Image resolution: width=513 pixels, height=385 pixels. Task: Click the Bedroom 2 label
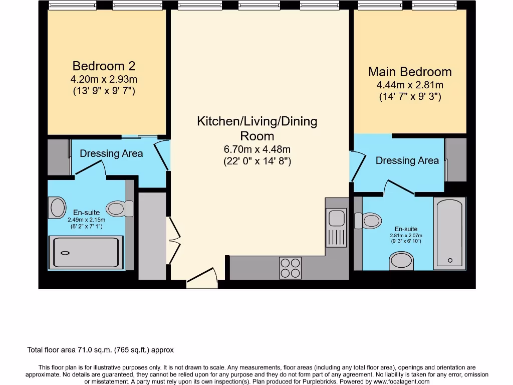click(x=104, y=66)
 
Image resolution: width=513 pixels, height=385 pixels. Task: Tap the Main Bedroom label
click(x=410, y=72)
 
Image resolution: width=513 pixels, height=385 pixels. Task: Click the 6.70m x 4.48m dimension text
click(x=257, y=149)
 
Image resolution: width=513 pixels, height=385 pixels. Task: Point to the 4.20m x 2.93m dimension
click(x=104, y=79)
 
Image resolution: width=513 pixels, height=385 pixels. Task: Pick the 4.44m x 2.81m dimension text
click(x=410, y=85)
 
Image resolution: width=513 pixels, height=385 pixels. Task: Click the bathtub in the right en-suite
click(x=450, y=232)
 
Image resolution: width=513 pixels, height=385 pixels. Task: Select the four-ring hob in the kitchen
click(x=290, y=267)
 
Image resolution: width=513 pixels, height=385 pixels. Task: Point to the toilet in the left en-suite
click(x=119, y=209)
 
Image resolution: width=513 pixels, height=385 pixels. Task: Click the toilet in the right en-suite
click(x=368, y=220)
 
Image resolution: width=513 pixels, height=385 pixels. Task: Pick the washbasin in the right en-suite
click(x=401, y=260)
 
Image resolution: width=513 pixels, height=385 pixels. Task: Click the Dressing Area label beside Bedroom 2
click(x=111, y=153)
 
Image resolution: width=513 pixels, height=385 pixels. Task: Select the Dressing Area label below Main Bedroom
click(x=407, y=160)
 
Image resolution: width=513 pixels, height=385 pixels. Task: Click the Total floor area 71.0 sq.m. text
click(x=100, y=350)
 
